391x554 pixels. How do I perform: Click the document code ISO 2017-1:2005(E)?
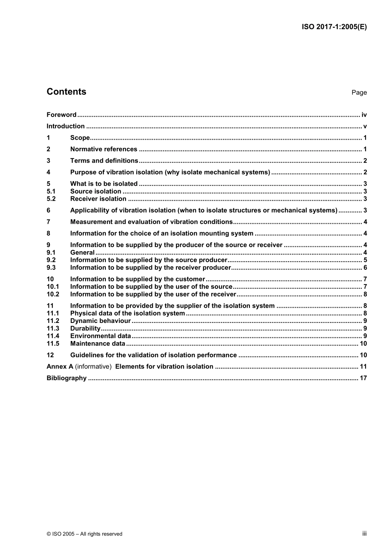(334, 27)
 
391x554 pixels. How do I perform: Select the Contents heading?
(66, 92)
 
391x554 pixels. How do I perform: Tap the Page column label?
(359, 93)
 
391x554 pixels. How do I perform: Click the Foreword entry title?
(61, 115)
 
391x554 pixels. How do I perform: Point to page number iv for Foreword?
(364, 115)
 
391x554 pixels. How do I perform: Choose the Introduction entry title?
(65, 126)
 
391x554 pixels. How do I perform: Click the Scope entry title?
(80, 138)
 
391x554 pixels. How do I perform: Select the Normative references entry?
(104, 150)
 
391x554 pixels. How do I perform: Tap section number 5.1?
(51, 192)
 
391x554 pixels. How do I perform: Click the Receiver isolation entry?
(98, 199)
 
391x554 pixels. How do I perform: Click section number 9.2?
(51, 260)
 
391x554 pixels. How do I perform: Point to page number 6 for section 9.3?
(365, 268)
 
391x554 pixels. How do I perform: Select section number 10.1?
(53, 287)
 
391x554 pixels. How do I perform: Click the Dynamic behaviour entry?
(100, 321)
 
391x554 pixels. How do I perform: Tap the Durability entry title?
(85, 329)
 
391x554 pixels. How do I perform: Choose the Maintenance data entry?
(98, 344)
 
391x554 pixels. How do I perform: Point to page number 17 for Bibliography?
(363, 378)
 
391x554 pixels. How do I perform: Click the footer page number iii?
(364, 533)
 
